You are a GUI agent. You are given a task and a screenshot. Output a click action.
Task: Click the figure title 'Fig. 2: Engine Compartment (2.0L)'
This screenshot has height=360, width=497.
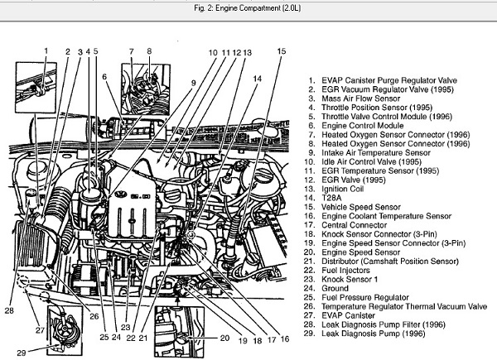pyautogui.click(x=248, y=8)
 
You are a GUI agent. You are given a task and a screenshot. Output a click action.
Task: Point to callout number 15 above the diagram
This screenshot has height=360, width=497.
pyautogui.click(x=281, y=52)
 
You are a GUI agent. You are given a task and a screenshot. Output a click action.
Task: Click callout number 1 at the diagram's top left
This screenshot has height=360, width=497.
pyautogui.click(x=46, y=52)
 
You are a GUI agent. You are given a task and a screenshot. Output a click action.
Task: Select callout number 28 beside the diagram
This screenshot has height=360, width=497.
pyautogui.click(x=9, y=311)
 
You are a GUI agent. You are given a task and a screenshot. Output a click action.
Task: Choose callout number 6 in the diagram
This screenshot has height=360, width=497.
pyautogui.click(x=105, y=77)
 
